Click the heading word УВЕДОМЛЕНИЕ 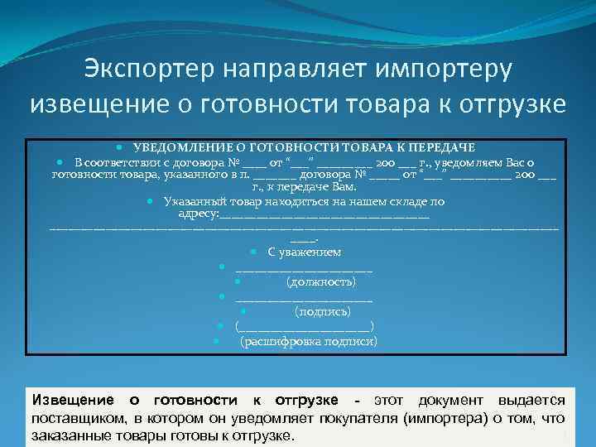click(x=180, y=147)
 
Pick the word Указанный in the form click(x=191, y=201)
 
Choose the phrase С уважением click(x=305, y=252)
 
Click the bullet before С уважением click(x=252, y=252)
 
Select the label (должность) click(x=321, y=282)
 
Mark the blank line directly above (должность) click(x=304, y=268)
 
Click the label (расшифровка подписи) click(x=308, y=341)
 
